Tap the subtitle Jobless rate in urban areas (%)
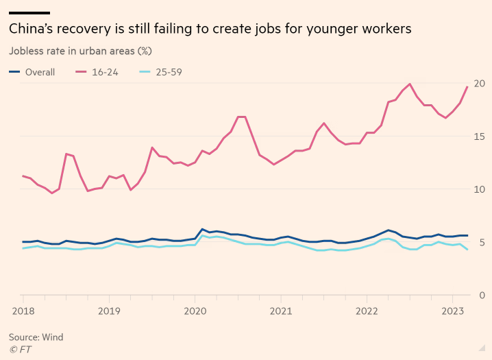(x=80, y=51)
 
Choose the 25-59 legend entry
(x=168, y=72)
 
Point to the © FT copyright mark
(x=20, y=349)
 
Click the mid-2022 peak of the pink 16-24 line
(x=410, y=84)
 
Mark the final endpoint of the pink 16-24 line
(x=467, y=86)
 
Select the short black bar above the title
(x=29, y=12)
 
